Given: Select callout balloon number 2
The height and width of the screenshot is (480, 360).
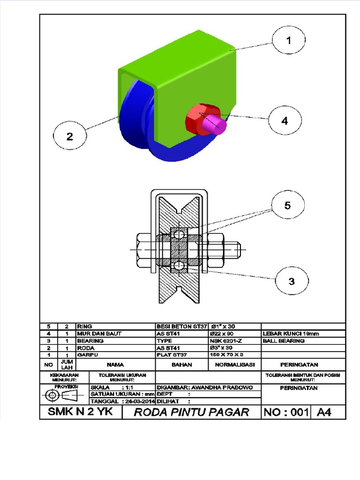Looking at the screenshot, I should tap(70, 136).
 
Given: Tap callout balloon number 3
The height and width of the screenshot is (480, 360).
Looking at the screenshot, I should tap(291, 281).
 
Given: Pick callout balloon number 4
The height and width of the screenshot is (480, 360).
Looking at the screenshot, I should tap(285, 120).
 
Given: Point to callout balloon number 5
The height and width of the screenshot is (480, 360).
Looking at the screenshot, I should tap(287, 205).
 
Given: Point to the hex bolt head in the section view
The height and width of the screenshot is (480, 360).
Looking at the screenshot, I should tap(144, 249).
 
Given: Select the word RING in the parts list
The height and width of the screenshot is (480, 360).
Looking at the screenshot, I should tap(84, 326).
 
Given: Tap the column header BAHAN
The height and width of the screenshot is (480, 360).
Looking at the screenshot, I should tap(181, 364).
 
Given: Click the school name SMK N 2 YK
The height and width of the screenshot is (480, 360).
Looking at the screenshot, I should tap(80, 412).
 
